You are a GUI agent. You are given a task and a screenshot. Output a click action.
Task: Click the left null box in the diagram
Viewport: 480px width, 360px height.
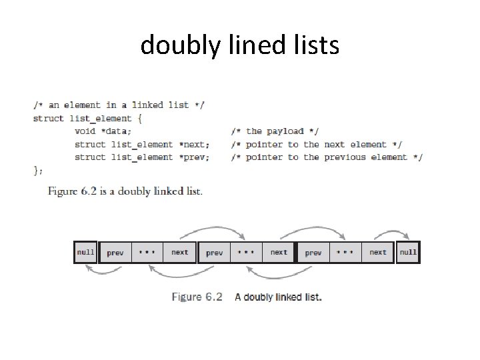pyautogui.click(x=85, y=253)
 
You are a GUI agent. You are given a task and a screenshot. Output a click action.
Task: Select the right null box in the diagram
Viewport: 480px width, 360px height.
pyautogui.click(x=408, y=253)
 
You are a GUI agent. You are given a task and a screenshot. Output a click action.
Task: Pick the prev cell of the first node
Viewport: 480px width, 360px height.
pyautogui.click(x=115, y=253)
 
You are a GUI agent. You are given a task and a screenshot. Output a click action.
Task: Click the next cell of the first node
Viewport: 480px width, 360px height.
pyautogui.click(x=179, y=253)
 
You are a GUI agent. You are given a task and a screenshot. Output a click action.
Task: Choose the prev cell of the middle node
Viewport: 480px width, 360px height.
pyautogui.click(x=215, y=253)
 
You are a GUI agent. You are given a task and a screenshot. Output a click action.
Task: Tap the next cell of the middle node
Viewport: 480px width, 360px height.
pyautogui.click(x=279, y=253)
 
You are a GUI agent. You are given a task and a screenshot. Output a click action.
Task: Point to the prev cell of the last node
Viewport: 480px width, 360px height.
pyautogui.click(x=313, y=253)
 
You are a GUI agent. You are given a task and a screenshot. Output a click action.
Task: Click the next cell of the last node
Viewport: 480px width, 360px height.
pyautogui.click(x=377, y=253)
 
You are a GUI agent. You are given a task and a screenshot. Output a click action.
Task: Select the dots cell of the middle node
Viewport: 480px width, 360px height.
pyautogui.click(x=246, y=253)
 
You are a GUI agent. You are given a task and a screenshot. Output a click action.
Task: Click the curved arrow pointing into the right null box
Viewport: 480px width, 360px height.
pyautogui.click(x=391, y=231)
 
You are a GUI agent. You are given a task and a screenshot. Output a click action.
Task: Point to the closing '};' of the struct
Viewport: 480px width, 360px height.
pyautogui.click(x=37, y=171)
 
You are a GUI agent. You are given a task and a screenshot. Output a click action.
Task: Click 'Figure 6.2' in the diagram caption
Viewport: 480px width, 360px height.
pyautogui.click(x=197, y=297)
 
